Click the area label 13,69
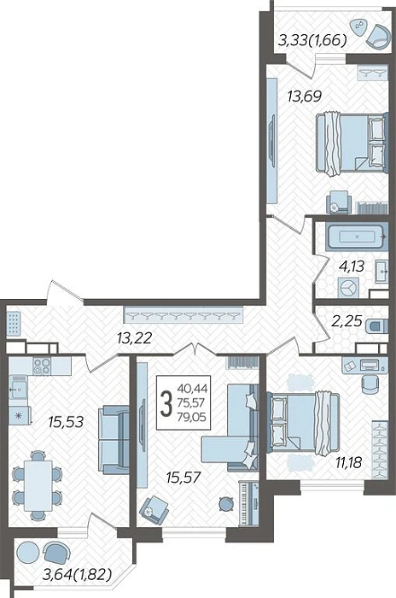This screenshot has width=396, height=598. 305,97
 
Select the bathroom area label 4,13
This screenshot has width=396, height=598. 352,267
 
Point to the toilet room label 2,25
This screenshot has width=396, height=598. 346,321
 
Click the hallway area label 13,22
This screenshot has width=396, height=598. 135,337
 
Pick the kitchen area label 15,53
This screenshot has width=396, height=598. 66,422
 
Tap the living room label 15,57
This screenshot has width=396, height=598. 183,477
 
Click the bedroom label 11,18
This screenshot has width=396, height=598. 348,463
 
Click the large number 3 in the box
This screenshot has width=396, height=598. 166,404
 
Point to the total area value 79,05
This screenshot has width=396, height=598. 192,417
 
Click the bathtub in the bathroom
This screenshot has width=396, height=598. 357,237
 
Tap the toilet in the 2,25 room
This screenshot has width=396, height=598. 377,326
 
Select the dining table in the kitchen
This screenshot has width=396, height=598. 38,485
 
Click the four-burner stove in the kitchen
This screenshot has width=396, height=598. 42,366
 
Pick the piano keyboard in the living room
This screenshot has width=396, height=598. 248,503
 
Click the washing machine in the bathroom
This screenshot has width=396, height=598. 348,288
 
